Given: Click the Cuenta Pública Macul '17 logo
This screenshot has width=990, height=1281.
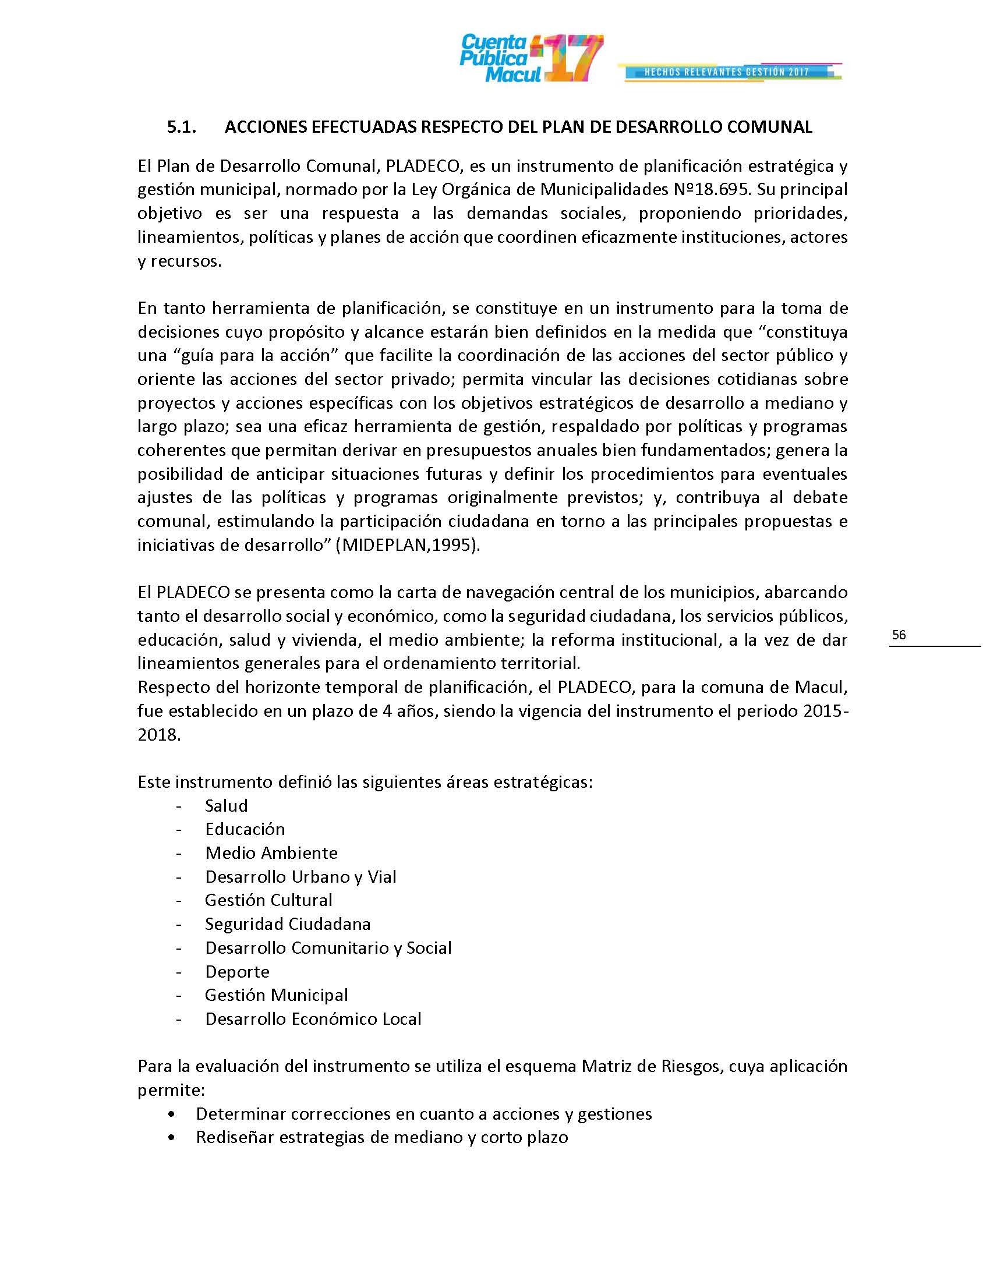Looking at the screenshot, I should pyautogui.click(x=531, y=59).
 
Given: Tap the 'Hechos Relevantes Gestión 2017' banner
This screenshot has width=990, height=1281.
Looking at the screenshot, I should pyautogui.click(x=729, y=72).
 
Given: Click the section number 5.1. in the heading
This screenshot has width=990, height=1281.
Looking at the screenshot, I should pyautogui.click(x=181, y=128).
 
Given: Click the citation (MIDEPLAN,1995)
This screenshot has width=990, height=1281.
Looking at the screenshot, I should pyautogui.click(x=408, y=545).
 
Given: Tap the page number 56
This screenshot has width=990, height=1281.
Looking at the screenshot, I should pyautogui.click(x=899, y=635).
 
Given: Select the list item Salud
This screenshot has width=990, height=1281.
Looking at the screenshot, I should pyautogui.click(x=227, y=806).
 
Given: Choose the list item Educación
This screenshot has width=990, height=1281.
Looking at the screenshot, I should pyautogui.click(x=245, y=829).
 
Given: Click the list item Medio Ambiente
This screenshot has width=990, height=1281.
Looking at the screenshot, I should pyautogui.click(x=271, y=853).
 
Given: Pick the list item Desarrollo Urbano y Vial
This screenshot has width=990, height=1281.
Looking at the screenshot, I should pyautogui.click(x=300, y=877).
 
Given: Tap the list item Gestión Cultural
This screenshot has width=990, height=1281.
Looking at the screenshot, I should pyautogui.click(x=268, y=900).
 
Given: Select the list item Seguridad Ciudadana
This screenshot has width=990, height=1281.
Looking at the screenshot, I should pyautogui.click(x=287, y=925).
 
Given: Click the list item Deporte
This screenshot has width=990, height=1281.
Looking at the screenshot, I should pyautogui.click(x=237, y=972).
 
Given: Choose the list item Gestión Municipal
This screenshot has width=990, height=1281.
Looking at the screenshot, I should pyautogui.click(x=276, y=995).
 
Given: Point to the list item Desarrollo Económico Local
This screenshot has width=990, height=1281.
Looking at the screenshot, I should pyautogui.click(x=313, y=1019).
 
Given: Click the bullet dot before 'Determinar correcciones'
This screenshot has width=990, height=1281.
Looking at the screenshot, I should pyautogui.click(x=171, y=1114).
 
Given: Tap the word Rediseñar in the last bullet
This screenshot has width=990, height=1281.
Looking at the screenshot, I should pyautogui.click(x=235, y=1137).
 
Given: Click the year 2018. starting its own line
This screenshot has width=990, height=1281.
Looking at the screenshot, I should pyautogui.click(x=159, y=735).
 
